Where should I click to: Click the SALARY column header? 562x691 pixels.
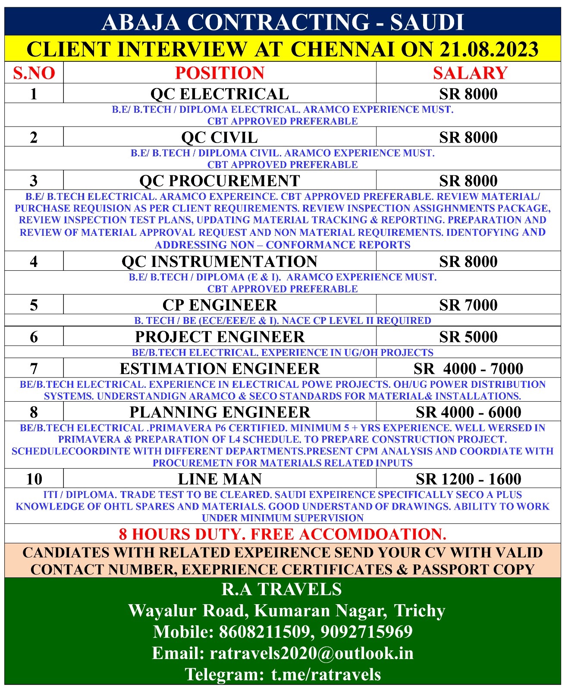pos(470,73)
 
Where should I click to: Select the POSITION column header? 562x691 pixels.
pos(220,73)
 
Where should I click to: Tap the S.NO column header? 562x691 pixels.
pos(34,73)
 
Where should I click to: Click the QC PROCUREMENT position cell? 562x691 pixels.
pos(220,181)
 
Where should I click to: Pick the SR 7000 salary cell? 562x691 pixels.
pos(468,305)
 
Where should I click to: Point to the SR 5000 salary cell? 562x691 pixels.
pos(468,337)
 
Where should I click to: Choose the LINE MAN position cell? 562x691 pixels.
pos(220,479)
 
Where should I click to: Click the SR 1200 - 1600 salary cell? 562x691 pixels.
pos(468,479)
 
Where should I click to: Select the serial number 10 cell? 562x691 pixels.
pos(34,479)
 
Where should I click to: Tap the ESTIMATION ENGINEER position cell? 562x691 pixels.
pos(220,369)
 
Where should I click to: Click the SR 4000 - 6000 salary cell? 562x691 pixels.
pos(468,412)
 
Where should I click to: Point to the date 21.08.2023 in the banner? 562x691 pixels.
pos(489,49)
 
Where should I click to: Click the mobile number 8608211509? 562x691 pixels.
pos(264,632)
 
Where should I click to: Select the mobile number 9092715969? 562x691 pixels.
pos(367,632)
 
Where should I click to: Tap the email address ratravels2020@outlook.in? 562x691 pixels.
pos(311,653)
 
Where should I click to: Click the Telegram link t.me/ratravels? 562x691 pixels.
pos(326,674)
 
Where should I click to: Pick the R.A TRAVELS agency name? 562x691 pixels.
pos(282,590)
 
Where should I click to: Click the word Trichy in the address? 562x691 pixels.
pos(420,611)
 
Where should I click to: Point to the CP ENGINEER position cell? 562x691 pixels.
pos(220,305)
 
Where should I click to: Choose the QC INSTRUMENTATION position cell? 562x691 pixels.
pos(220,262)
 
